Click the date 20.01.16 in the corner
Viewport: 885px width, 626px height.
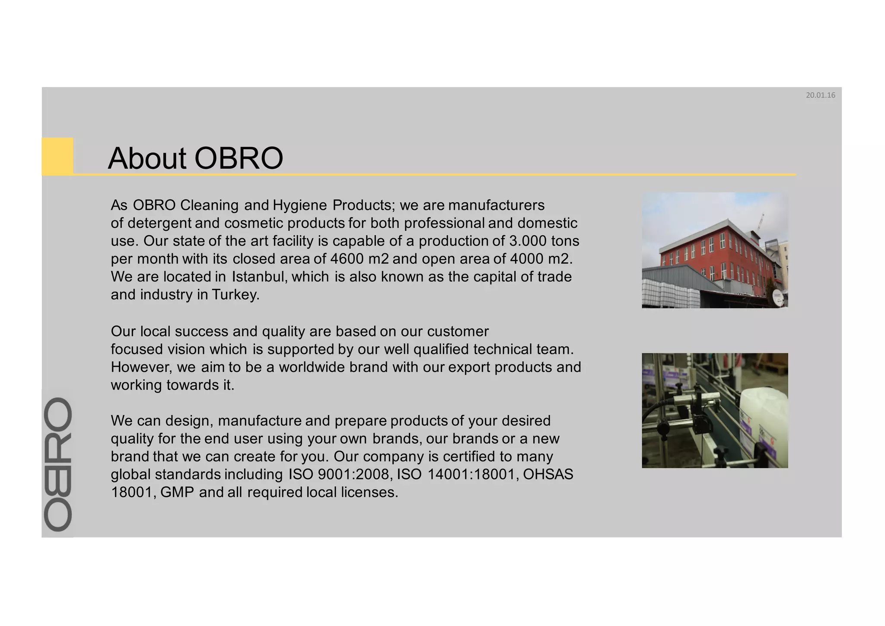coord(820,96)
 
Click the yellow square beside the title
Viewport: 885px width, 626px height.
coord(57,156)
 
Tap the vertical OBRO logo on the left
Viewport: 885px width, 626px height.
coord(58,464)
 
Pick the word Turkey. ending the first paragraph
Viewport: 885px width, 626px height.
coord(236,295)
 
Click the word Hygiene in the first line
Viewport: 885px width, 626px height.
coord(300,205)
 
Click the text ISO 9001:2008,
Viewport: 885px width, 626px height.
coord(341,475)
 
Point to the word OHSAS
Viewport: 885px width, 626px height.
coord(548,475)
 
